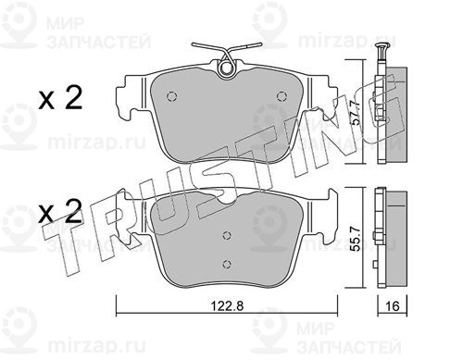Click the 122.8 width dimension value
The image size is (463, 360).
tap(227, 305)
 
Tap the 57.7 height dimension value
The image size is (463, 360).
tap(356, 113)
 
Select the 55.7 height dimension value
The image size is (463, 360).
tap(357, 240)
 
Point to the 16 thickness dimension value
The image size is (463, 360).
tap(393, 306)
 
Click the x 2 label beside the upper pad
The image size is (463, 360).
tap(60, 97)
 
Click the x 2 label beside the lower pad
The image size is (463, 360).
tap(60, 211)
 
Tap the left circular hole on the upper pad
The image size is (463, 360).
tap(171, 96)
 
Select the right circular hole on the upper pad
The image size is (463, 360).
tap(281, 96)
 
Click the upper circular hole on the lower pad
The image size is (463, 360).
tap(227, 236)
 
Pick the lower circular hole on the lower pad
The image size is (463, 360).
tap(227, 264)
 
